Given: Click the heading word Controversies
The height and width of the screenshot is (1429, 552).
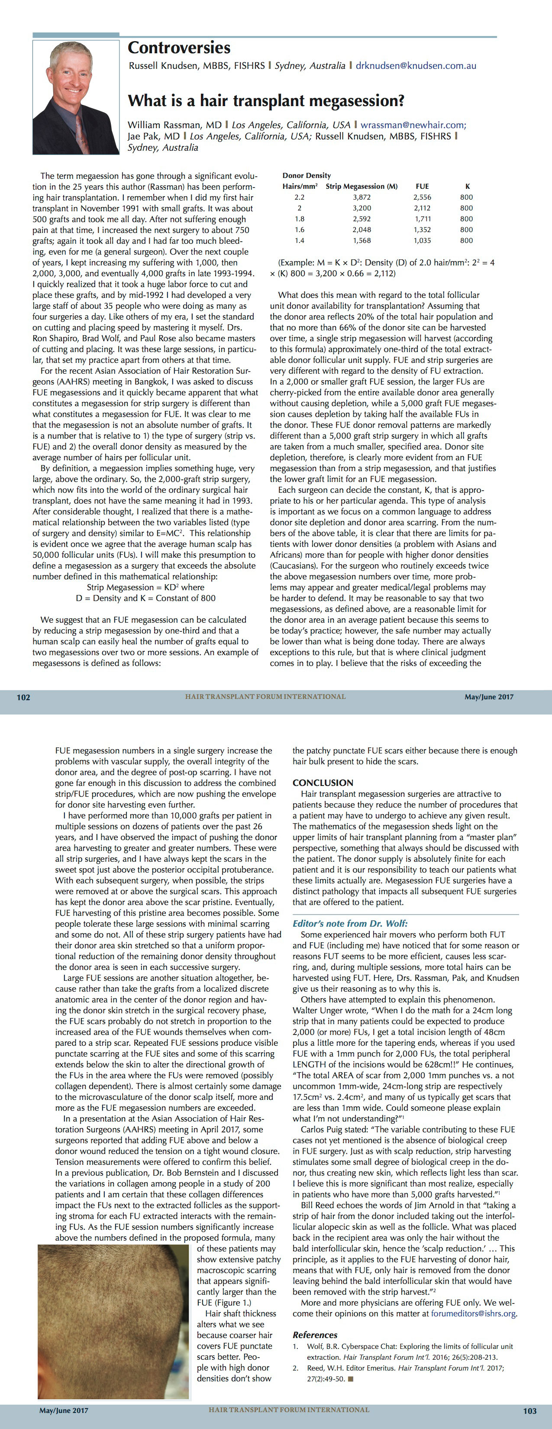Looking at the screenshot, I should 179,48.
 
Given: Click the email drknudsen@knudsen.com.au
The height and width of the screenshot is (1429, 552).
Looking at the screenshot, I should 416,65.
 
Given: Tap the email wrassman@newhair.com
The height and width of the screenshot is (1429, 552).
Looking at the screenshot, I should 412,125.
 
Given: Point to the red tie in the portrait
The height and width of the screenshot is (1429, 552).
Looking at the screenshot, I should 82,131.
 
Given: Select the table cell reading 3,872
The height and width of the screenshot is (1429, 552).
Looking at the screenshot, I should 362,197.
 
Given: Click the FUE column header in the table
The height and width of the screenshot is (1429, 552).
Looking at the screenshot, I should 422,186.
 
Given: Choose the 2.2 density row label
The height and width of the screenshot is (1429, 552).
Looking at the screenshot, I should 300,197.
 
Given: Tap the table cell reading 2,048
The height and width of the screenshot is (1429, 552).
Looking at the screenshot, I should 362,230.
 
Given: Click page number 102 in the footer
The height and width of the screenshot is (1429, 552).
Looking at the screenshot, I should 23,697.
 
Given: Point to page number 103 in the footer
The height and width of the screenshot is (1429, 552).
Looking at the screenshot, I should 530,1411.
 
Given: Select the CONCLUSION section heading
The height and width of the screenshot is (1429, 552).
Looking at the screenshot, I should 323,783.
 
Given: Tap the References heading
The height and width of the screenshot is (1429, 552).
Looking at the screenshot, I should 315,1335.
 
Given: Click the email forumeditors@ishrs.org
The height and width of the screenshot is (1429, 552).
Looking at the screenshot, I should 473,1314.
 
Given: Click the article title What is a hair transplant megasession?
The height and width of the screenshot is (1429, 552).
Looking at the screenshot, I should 266,101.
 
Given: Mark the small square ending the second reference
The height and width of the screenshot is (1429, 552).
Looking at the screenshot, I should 351,1378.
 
